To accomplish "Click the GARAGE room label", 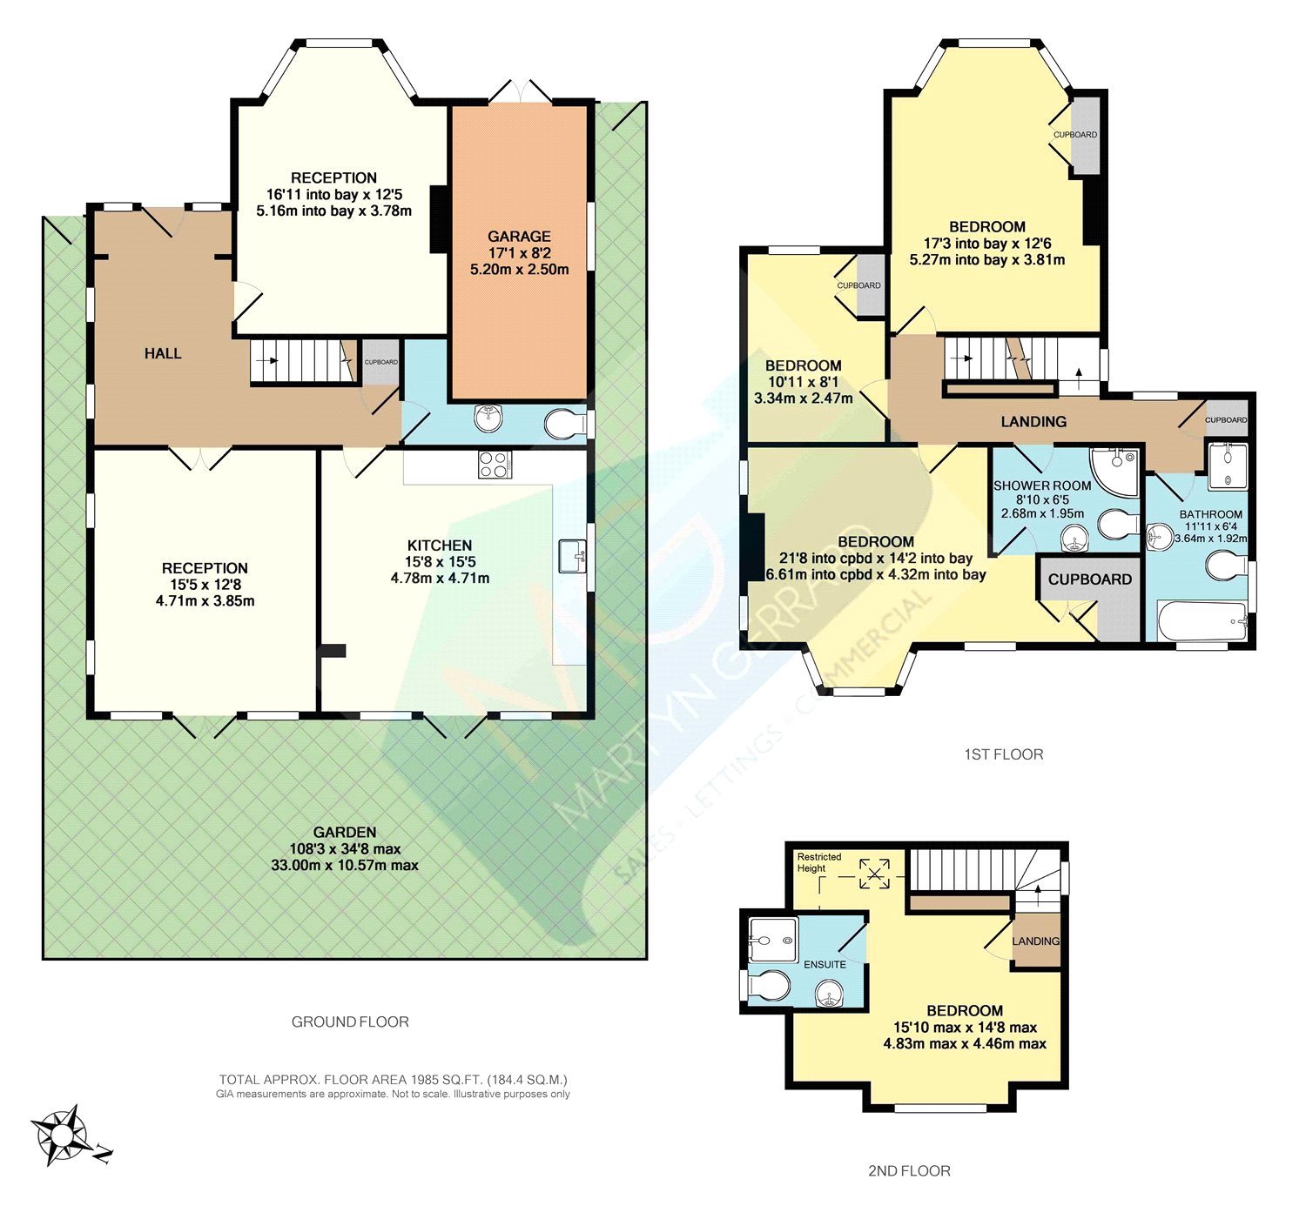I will pyautogui.click(x=519, y=236).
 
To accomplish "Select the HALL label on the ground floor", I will pyautogui.click(x=163, y=353).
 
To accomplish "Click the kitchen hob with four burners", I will pyautogui.click(x=495, y=465).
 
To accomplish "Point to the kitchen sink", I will pyautogui.click(x=572, y=555).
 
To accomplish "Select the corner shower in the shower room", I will pyautogui.click(x=1116, y=471).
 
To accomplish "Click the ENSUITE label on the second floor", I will pyautogui.click(x=825, y=964).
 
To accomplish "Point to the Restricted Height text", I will pyautogui.click(x=818, y=862).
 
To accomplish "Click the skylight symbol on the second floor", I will pyautogui.click(x=875, y=874).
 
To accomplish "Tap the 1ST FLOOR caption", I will pyautogui.click(x=1003, y=754).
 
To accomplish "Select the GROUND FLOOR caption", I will pyautogui.click(x=350, y=1021).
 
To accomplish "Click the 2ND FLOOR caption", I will pyautogui.click(x=909, y=1170).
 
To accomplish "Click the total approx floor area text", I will pyautogui.click(x=393, y=1079).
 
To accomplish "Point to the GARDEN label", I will pyautogui.click(x=345, y=832).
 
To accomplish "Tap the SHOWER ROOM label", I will pyautogui.click(x=1042, y=486).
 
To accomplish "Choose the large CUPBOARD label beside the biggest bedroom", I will pyautogui.click(x=1089, y=579).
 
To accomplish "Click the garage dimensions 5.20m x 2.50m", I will pyautogui.click(x=519, y=270).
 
